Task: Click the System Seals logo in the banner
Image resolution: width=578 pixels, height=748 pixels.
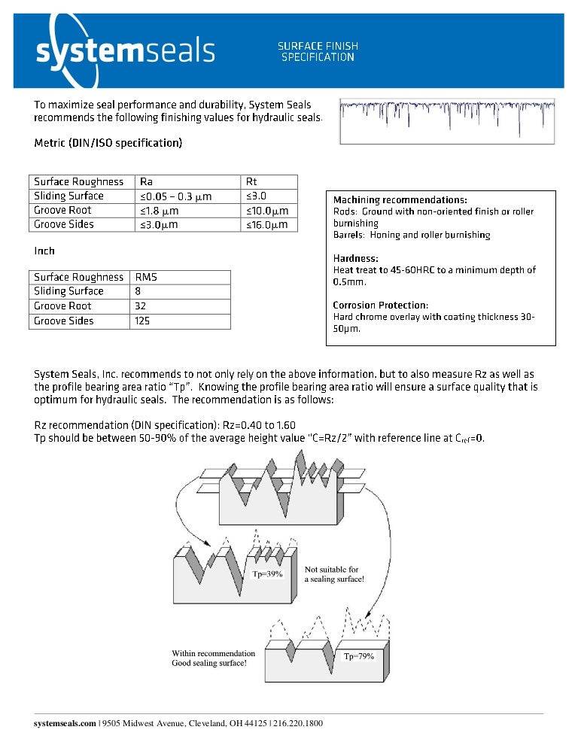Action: (125, 50)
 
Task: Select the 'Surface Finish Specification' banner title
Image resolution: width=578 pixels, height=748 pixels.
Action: (318, 52)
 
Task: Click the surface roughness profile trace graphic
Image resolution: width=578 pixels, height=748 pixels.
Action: (447, 120)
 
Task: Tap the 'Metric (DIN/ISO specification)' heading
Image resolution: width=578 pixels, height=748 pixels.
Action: (108, 142)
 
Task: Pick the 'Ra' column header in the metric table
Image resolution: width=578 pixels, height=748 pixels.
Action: (147, 181)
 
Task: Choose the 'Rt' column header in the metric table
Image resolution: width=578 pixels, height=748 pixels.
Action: (252, 181)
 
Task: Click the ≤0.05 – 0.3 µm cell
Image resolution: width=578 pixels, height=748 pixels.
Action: (175, 196)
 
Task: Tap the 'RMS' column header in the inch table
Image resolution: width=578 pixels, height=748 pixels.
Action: (146, 277)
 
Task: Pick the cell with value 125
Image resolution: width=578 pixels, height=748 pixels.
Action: (143, 321)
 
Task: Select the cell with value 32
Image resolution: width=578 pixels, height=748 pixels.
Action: (140, 306)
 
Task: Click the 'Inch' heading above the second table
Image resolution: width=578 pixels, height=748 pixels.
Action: (44, 251)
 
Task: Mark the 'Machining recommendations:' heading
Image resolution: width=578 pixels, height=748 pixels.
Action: (400, 200)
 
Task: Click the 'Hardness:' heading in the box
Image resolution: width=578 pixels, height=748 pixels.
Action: (356, 258)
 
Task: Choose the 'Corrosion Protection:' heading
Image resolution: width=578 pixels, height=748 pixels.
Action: (380, 305)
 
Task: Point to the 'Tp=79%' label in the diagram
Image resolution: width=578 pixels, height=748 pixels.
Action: (359, 656)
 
